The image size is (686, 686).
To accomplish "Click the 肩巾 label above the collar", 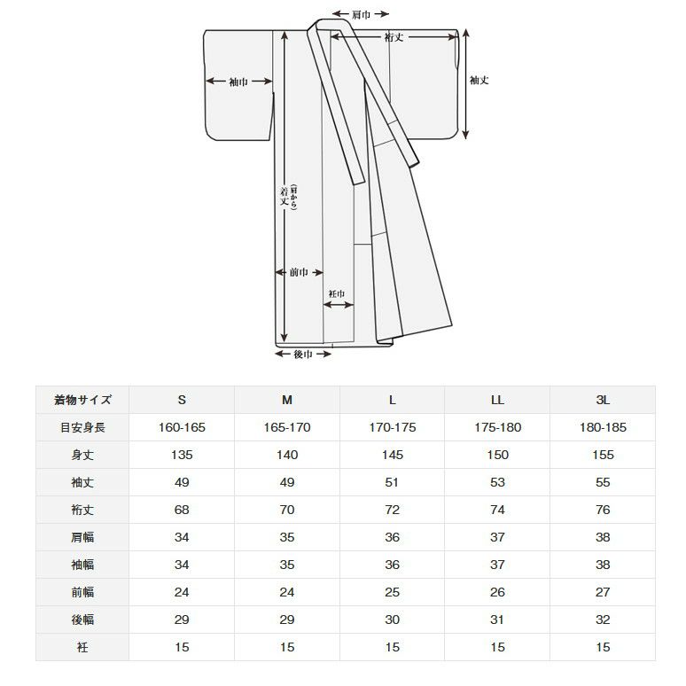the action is pyautogui.click(x=361, y=14).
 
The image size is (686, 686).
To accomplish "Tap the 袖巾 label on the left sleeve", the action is pyautogui.click(x=238, y=82).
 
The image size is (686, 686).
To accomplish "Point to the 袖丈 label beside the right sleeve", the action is pyautogui.click(x=479, y=80).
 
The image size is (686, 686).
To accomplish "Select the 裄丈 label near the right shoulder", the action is pyautogui.click(x=394, y=37).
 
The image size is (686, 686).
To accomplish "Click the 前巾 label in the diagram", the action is pyautogui.click(x=299, y=273).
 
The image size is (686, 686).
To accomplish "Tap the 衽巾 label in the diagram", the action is pyautogui.click(x=337, y=294).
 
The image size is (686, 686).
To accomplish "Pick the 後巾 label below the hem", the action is pyautogui.click(x=303, y=354).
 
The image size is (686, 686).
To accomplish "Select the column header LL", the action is pyautogui.click(x=497, y=400).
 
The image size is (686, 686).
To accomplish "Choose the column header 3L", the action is pyautogui.click(x=603, y=400).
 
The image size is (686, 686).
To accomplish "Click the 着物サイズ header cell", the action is pyautogui.click(x=82, y=400).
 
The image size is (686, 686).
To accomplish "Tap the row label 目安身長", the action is pyautogui.click(x=82, y=427).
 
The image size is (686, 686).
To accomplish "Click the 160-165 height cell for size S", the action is pyautogui.click(x=182, y=427).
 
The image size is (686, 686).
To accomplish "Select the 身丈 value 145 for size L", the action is pyautogui.click(x=393, y=455).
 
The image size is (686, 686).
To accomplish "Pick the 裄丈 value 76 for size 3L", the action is pyautogui.click(x=603, y=510).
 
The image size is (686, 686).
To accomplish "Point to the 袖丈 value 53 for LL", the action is pyautogui.click(x=497, y=482).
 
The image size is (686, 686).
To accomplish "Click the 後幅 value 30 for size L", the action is pyautogui.click(x=393, y=620).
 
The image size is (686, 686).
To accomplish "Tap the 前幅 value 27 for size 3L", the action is pyautogui.click(x=603, y=592).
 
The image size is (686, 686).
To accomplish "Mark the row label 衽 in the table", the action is pyautogui.click(x=82, y=647).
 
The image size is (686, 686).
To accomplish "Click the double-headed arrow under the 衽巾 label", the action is pyautogui.click(x=339, y=305).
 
